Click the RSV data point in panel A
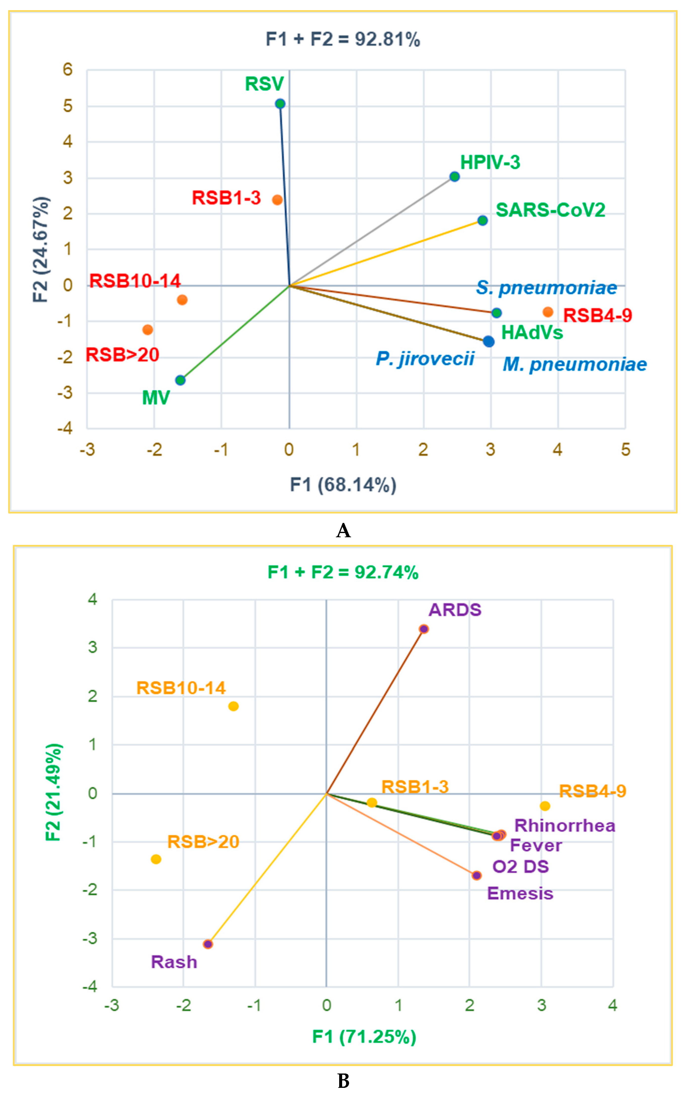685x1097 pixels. point(280,104)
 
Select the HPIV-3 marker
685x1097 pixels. point(454,176)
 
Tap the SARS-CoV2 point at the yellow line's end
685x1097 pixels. point(483,220)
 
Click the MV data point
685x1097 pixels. point(180,380)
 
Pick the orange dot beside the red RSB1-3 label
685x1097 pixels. point(277,200)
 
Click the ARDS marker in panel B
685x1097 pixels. point(424,629)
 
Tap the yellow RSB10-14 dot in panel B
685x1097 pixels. point(233,706)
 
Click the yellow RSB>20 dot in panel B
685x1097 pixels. point(156,859)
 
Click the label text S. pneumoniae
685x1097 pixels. point(546,288)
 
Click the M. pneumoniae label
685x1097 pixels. point(575,364)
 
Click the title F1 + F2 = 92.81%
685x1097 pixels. point(343,39)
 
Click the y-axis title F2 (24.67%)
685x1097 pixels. point(41,249)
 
